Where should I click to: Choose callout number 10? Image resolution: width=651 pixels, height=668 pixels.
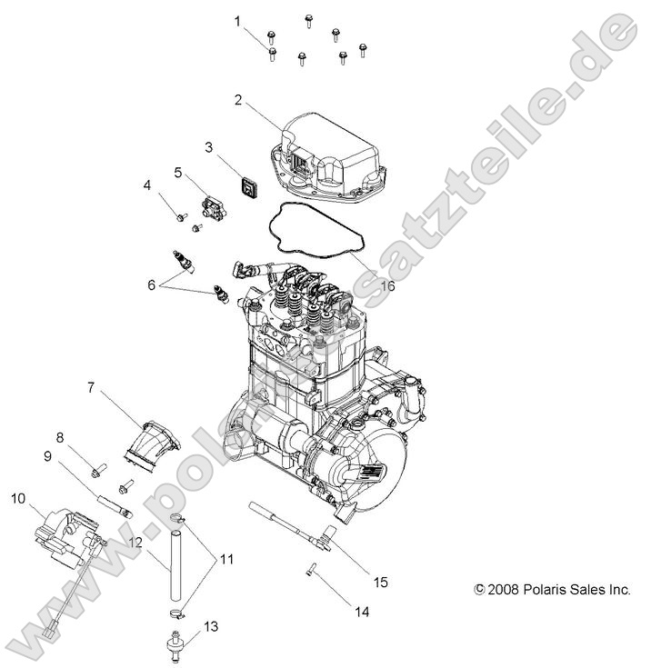pyautogui.click(x=18, y=497)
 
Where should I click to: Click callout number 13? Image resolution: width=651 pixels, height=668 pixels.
pyautogui.click(x=212, y=627)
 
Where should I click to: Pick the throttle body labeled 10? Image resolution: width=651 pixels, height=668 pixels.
pyautogui.click(x=64, y=536)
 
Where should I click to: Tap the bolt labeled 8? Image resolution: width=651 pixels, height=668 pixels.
pyautogui.click(x=99, y=469)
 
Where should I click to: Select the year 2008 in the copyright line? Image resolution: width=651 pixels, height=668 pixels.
pyautogui.click(x=504, y=589)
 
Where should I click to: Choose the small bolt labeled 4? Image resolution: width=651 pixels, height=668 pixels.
pyautogui.click(x=182, y=217)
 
